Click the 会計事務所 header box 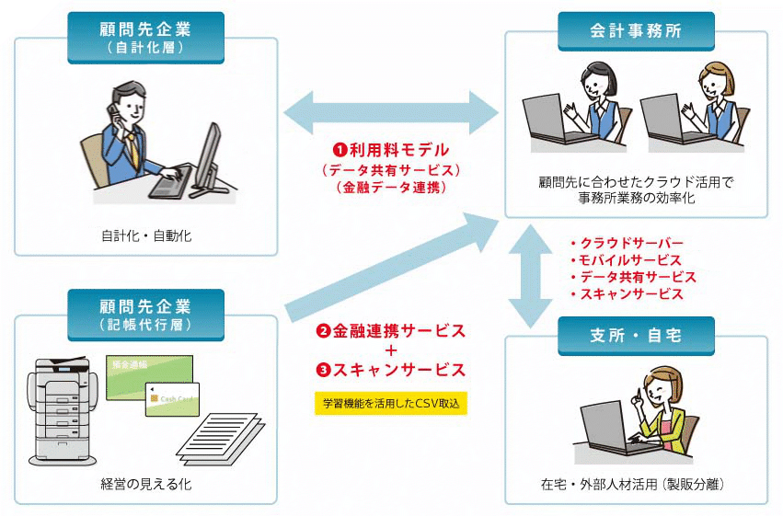(x=636, y=31)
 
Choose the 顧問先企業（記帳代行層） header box (x=145, y=313)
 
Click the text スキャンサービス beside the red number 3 (x=397, y=370)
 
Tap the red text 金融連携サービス (x=397, y=331)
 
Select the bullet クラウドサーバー (x=630, y=243)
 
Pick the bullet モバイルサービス (x=630, y=260)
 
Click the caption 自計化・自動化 (x=146, y=236)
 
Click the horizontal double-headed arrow (x=390, y=109)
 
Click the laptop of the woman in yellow (x=613, y=424)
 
